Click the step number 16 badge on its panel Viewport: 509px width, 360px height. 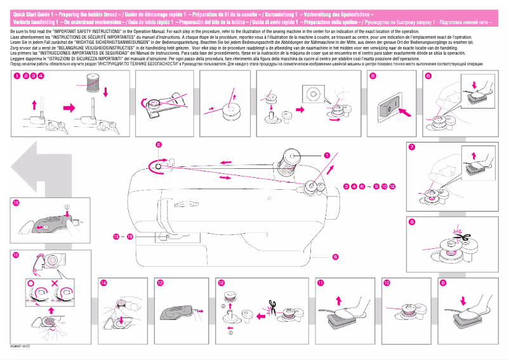click(x=16, y=203)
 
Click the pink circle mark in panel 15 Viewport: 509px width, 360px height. click(x=30, y=281)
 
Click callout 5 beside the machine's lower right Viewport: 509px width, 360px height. click(x=334, y=257)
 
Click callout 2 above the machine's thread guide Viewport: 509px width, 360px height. click(x=159, y=145)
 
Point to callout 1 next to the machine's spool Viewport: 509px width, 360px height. click(x=327, y=154)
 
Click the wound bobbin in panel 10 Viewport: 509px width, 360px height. click(x=405, y=311)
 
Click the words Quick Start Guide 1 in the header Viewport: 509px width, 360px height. click(x=34, y=13)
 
